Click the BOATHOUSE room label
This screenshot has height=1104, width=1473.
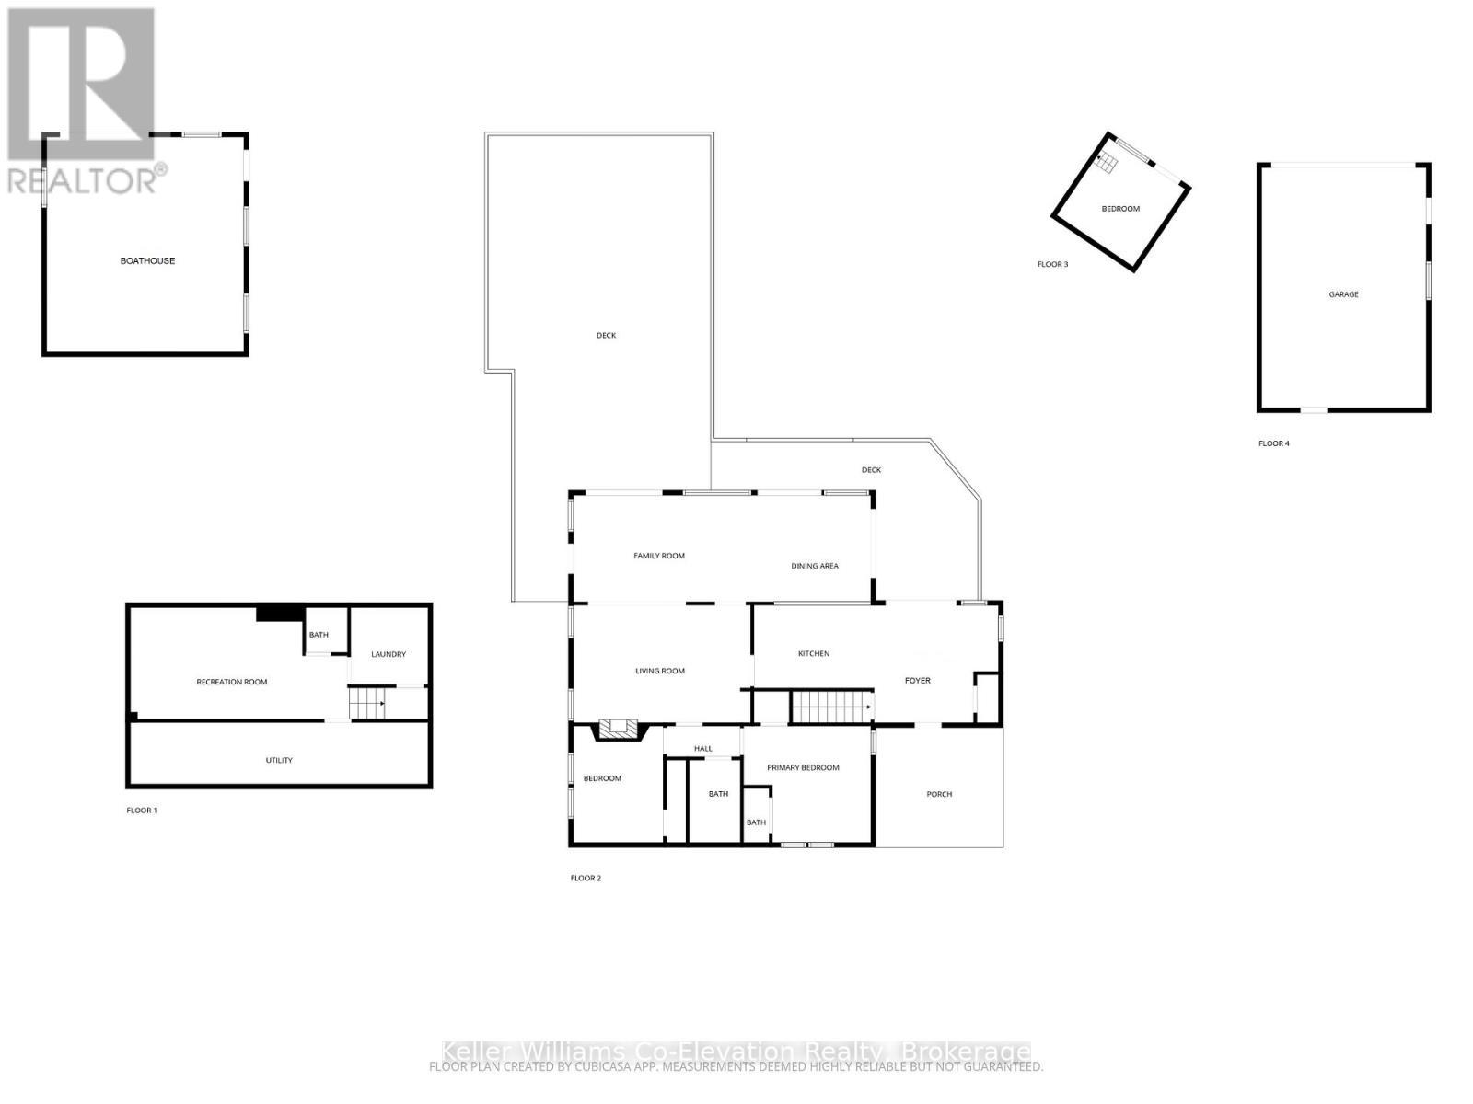147,261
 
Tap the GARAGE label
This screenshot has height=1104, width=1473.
1343,294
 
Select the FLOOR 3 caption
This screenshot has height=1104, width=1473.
1052,265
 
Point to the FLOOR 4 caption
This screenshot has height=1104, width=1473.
1273,443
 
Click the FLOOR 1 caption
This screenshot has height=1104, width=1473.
142,811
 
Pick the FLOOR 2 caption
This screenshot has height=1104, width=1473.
586,878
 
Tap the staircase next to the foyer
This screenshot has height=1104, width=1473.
831,707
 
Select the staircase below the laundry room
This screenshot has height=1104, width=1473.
367,706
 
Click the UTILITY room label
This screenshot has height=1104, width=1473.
279,760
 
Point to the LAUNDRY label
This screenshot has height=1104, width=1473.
389,654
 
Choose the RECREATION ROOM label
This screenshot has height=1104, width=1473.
232,682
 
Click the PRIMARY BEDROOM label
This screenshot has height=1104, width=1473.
803,767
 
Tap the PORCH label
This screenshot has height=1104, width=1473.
939,794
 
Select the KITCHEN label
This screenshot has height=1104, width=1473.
814,653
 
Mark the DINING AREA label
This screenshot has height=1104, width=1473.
815,566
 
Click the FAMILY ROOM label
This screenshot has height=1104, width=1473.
659,556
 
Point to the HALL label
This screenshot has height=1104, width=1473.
703,749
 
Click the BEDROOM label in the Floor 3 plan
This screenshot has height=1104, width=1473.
1120,209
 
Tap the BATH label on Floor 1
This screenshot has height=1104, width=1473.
319,635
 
